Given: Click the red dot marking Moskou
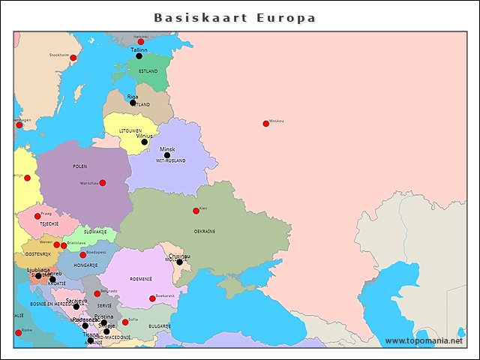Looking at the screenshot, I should coord(265,124).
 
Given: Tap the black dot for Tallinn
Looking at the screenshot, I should coord(139,56).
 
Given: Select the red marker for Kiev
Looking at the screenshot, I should coord(196,211).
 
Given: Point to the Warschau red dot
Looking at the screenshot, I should coord(102,183).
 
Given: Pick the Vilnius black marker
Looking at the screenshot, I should coord(144,142).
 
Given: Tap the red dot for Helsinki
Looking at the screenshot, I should coord(140,42).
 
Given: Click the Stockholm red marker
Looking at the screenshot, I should coord(73,58).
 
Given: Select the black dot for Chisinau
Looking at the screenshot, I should coord(179,262).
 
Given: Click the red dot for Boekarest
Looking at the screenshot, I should coord(152,298).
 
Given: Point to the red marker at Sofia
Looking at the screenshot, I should coord(125,322).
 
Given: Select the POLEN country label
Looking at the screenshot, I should coord(79,166).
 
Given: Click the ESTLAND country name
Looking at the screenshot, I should coord(148,71).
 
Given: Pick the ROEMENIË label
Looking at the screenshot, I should coord(140,278).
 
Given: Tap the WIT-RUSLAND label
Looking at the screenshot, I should coord(170,161).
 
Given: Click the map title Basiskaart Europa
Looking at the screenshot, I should coord(235,17).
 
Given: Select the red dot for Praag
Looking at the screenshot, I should coord(37,216).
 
